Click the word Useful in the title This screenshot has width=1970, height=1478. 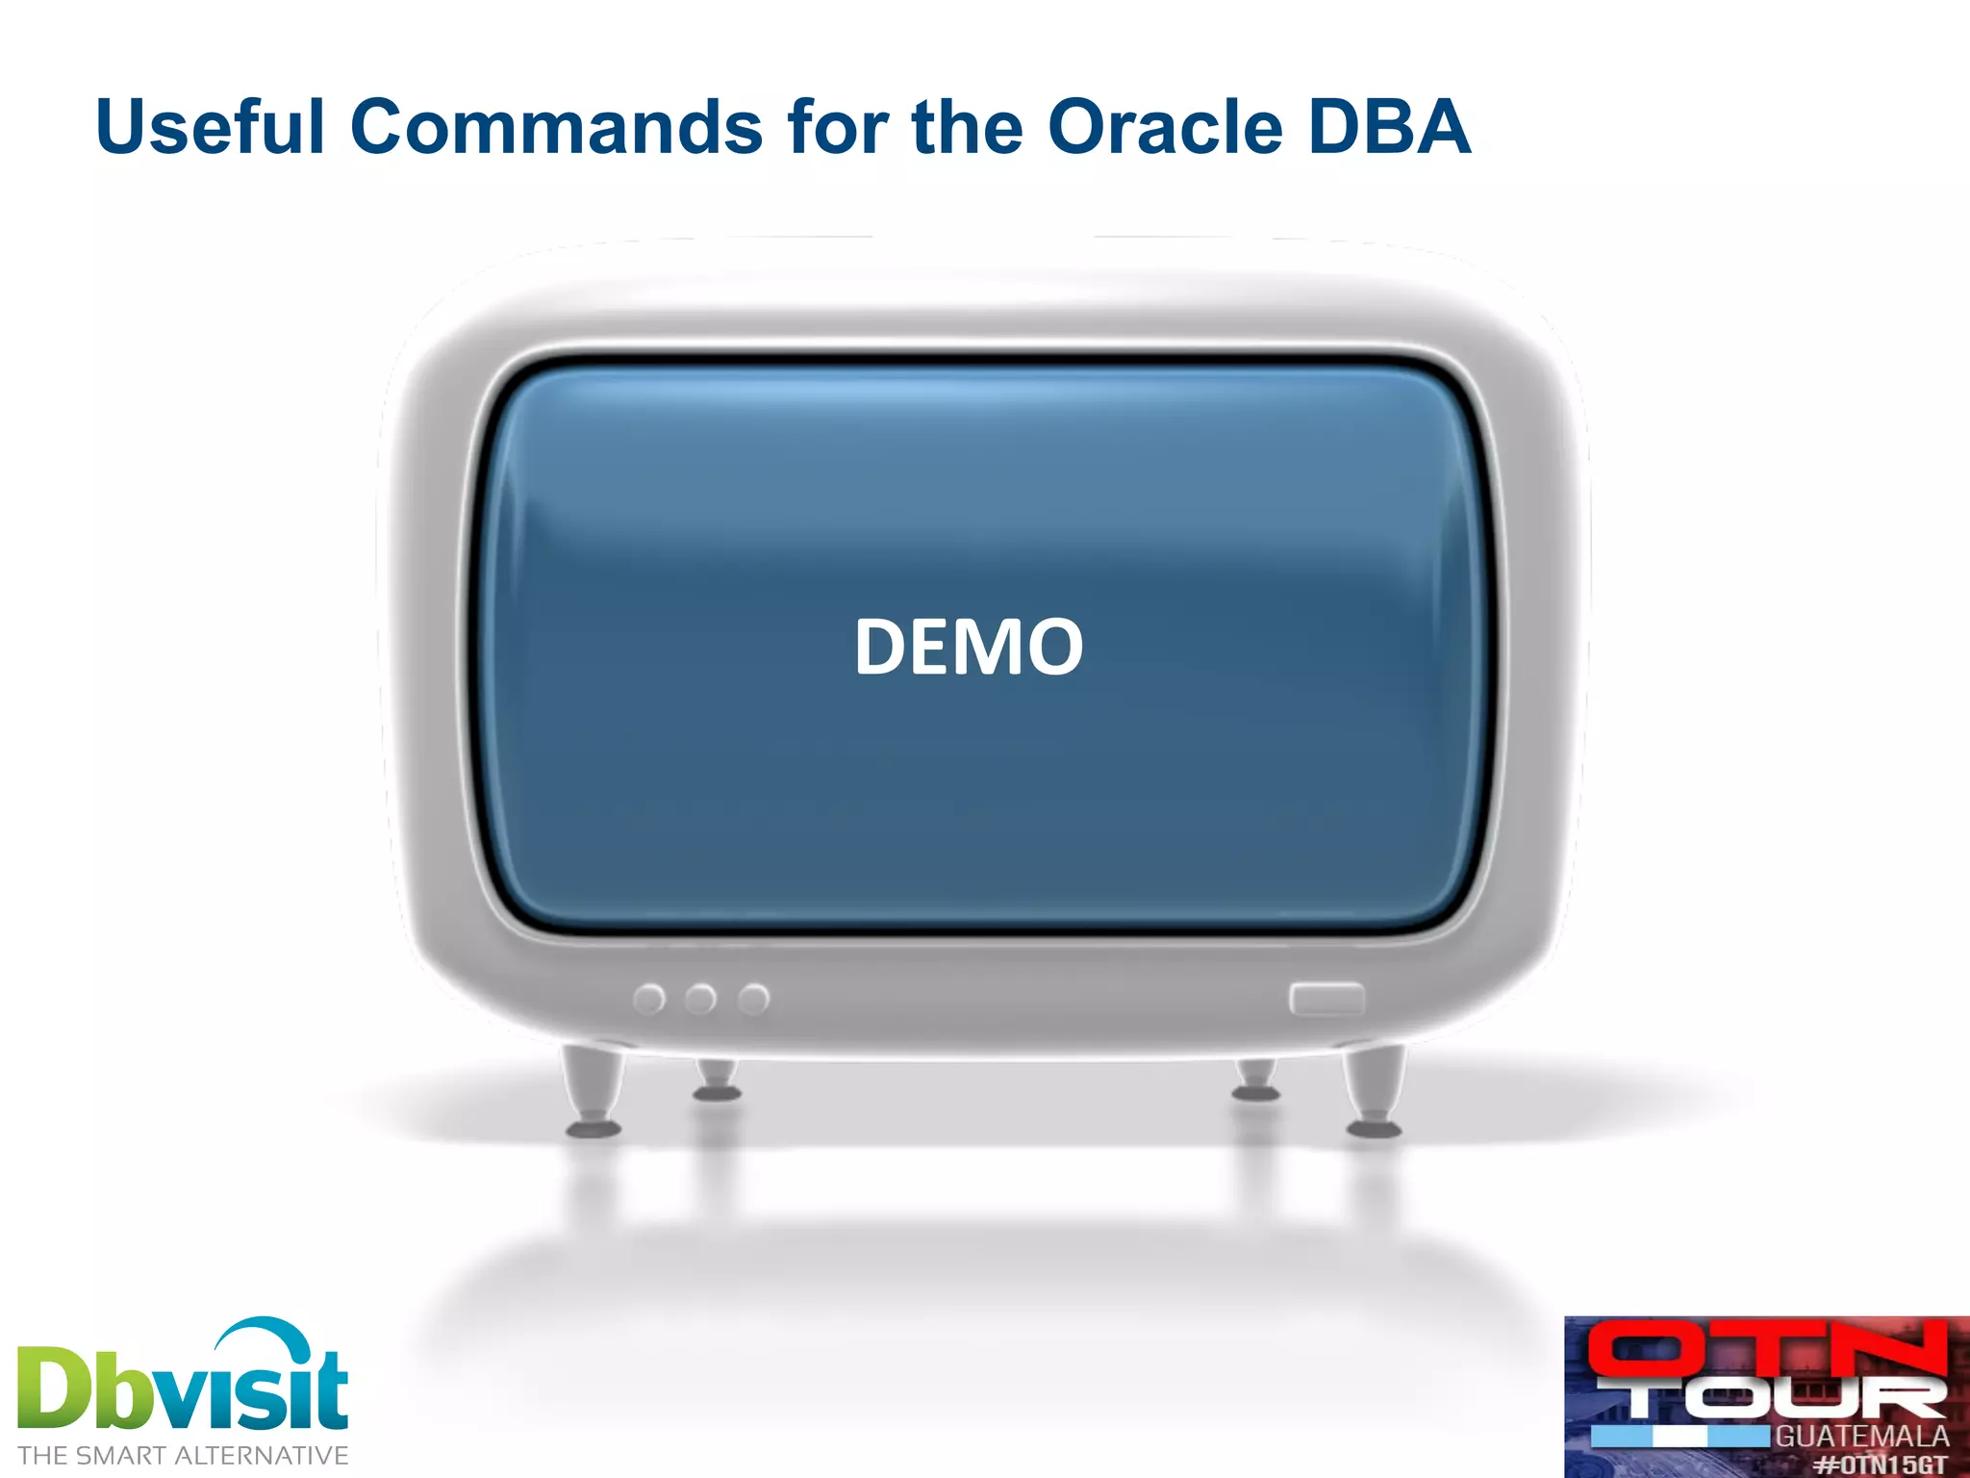[210, 127]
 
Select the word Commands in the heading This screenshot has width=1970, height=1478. [555, 127]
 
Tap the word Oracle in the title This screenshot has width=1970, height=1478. [1164, 127]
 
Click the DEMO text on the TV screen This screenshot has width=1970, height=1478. [969, 647]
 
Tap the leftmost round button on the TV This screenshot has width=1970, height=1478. [649, 1000]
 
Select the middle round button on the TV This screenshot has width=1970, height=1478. [700, 1000]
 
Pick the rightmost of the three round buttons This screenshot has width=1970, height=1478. [753, 1000]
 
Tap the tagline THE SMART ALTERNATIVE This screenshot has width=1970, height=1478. [183, 1455]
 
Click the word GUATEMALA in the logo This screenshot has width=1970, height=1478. [1861, 1437]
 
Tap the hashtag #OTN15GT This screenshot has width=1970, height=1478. [1880, 1464]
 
